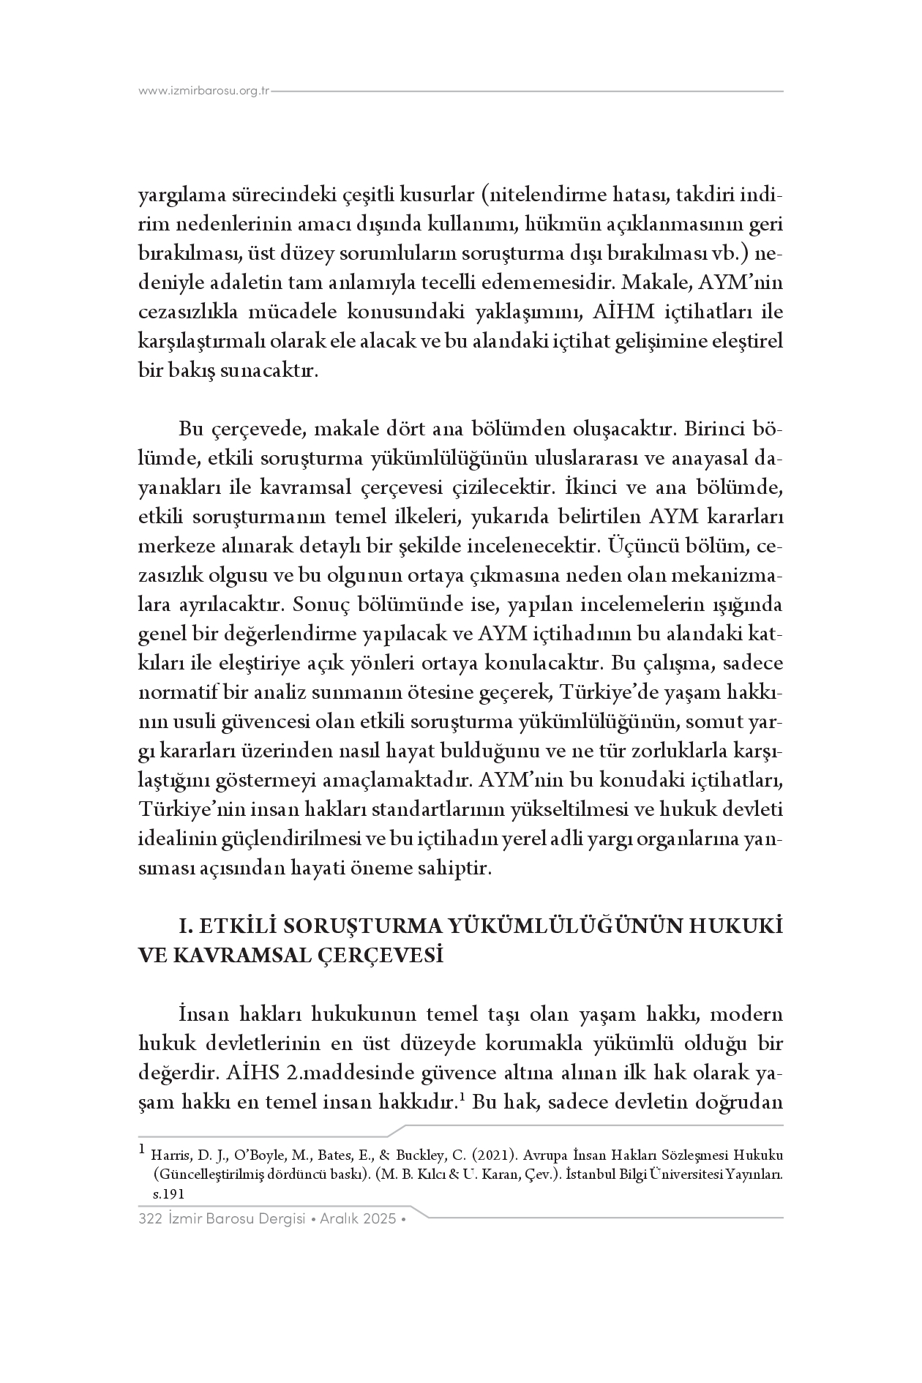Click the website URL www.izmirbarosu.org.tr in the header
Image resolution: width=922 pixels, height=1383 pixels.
click(x=204, y=91)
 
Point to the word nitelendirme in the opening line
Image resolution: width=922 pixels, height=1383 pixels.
click(x=547, y=195)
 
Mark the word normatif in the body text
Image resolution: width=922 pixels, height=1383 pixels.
click(x=173, y=692)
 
